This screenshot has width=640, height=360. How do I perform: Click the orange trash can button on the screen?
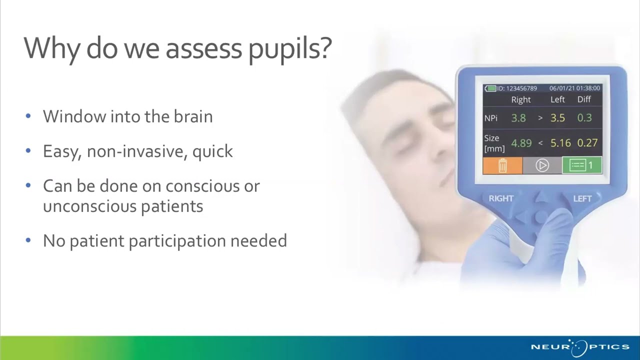502,165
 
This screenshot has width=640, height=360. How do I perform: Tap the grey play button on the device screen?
542,165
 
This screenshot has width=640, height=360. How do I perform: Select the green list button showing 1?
581,165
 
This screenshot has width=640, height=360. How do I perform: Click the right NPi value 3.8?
518,118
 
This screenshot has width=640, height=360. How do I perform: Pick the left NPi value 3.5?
557,118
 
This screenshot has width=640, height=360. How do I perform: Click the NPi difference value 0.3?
584,118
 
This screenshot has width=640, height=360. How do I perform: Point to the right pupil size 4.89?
521,143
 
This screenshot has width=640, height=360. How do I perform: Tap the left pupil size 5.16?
560,143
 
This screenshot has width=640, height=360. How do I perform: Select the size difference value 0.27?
587,143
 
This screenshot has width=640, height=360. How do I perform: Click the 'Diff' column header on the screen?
584,99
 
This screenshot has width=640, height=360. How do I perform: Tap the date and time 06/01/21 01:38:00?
574,88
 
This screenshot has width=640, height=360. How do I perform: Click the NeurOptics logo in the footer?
580,346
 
